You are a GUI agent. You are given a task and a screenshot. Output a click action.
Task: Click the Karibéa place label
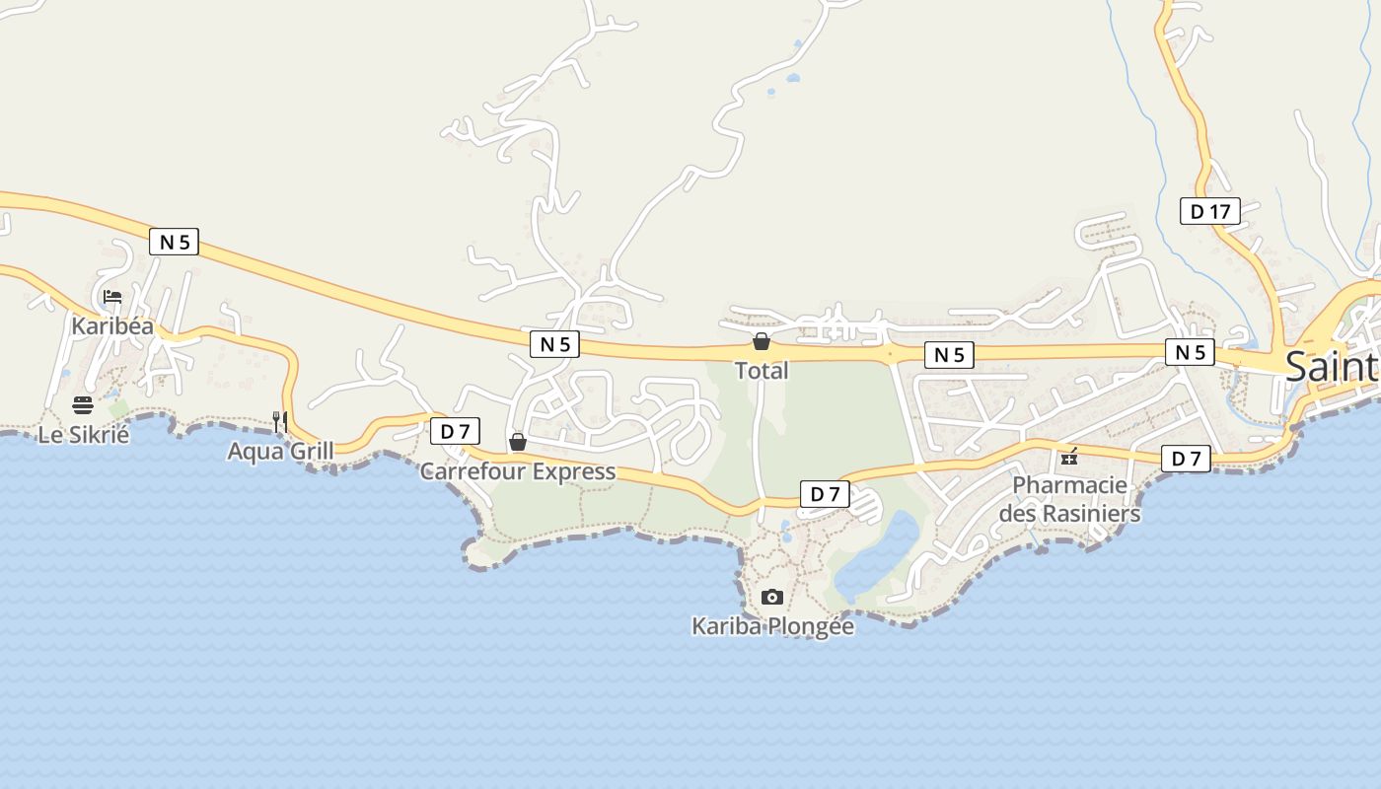click(112, 325)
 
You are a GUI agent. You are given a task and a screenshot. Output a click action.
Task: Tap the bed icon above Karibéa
click(112, 296)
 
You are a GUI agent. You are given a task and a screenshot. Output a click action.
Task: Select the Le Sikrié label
click(84, 434)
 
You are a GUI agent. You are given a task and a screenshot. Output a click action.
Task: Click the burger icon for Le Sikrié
click(83, 404)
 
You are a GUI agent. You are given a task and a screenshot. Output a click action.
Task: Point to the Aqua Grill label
click(280, 452)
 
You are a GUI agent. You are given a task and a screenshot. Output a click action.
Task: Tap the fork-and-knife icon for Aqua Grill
click(280, 421)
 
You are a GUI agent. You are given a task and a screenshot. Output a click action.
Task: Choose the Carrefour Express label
click(518, 471)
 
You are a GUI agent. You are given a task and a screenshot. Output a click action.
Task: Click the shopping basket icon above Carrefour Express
click(518, 442)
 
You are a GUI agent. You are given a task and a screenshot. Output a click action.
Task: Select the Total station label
click(762, 371)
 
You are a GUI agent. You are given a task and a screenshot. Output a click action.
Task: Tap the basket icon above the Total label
click(762, 342)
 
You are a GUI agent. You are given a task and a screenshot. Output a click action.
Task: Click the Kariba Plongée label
click(772, 626)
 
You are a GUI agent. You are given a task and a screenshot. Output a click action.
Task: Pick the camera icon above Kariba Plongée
click(772, 597)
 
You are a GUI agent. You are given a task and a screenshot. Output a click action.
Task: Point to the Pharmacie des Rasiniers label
click(1069, 499)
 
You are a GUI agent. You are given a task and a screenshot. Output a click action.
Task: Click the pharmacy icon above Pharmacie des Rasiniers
click(1069, 457)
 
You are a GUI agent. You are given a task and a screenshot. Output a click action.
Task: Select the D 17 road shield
click(1210, 211)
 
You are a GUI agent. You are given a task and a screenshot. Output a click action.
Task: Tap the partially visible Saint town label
click(1332, 367)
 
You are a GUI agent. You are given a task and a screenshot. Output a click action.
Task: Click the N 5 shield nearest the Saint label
click(1190, 352)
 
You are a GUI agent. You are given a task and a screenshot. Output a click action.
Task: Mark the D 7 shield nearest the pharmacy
click(1186, 459)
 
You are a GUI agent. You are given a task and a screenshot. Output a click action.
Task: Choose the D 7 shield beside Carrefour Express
click(455, 431)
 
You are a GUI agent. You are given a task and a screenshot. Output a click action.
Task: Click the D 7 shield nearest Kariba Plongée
click(825, 494)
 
